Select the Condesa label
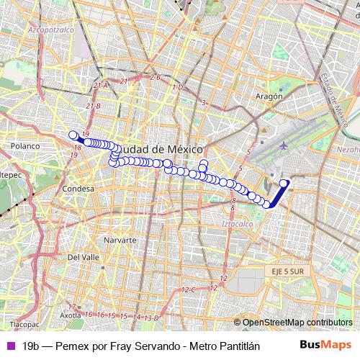coord(78,189)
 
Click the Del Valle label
coord(83,256)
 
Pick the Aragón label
coord(268,95)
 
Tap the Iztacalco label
coord(241,225)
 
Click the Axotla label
coord(70,315)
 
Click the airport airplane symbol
coord(284,145)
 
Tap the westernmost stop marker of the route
coord(72,135)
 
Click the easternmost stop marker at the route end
coord(284,183)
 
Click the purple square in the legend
coord(9,346)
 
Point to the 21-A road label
coord(100,86)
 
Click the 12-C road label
coord(189,289)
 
